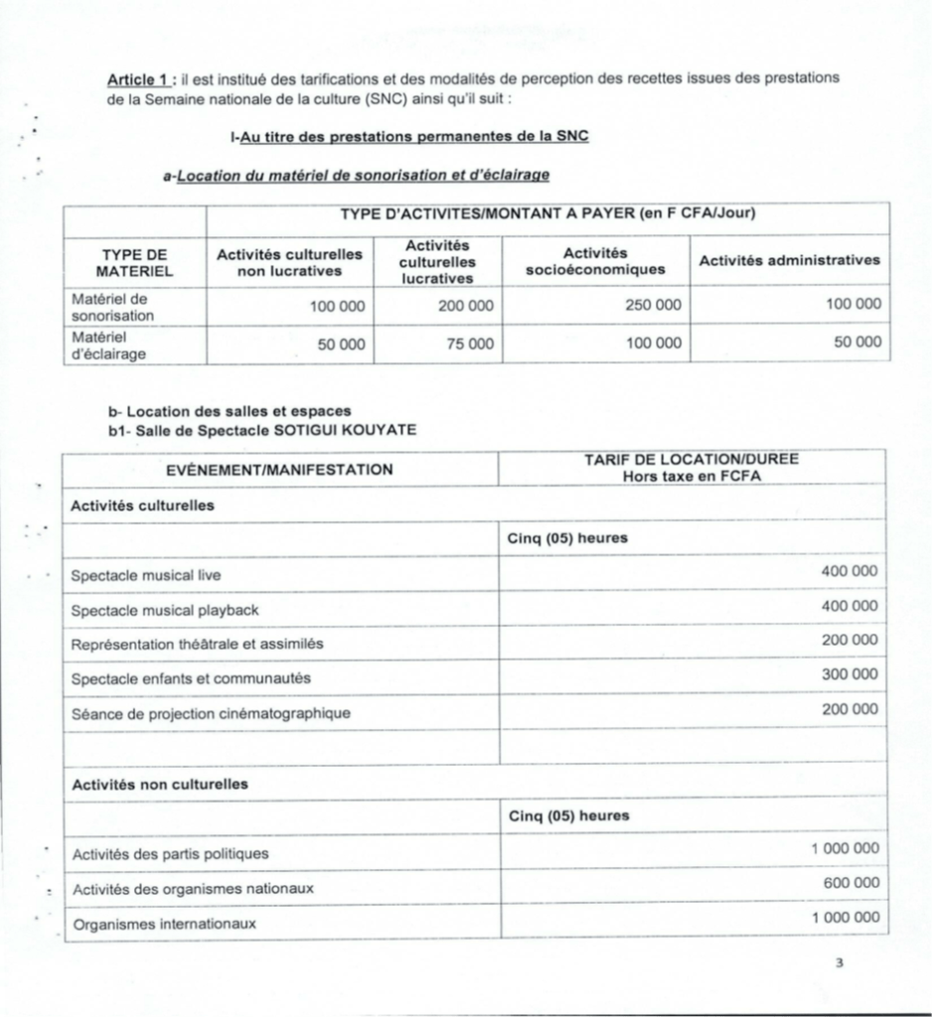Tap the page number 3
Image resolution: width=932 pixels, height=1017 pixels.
pos(840,960)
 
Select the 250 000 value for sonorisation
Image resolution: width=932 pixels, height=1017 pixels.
pos(653,305)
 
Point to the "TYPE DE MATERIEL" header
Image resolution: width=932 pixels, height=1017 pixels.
pos(135,261)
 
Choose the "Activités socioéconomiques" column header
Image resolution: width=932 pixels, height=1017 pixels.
pos(594,261)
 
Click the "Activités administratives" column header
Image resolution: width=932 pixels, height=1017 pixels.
pos(789,260)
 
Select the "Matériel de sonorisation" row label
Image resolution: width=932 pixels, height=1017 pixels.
pos(112,305)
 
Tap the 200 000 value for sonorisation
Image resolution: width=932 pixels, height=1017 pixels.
pos(465,305)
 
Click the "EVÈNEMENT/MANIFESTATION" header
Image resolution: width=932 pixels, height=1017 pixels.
pos(278,469)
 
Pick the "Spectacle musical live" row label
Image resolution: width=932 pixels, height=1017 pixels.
pos(146,575)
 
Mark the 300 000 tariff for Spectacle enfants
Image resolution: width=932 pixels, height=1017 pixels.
pos(850,674)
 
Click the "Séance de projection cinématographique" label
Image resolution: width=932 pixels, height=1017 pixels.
pos(211,713)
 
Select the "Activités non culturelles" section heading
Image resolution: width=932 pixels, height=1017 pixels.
pos(159,784)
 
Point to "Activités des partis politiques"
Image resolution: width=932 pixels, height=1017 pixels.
pos(170,853)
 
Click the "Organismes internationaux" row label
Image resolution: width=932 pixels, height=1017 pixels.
pos(164,924)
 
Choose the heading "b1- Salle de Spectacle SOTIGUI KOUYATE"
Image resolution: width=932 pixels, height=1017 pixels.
pos(262,429)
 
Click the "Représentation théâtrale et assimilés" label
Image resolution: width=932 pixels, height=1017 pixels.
pos(197,644)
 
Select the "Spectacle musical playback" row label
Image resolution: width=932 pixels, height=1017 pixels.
pos(165,610)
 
